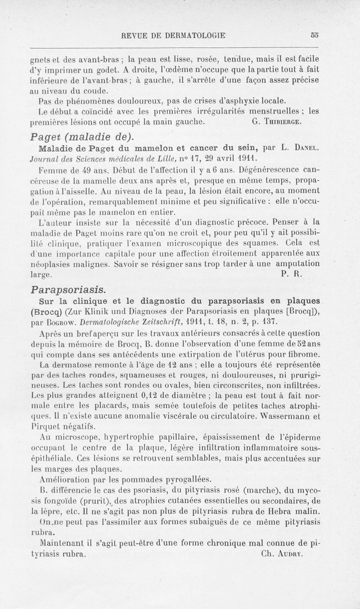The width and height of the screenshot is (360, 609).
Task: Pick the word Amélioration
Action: click(x=65, y=478)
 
